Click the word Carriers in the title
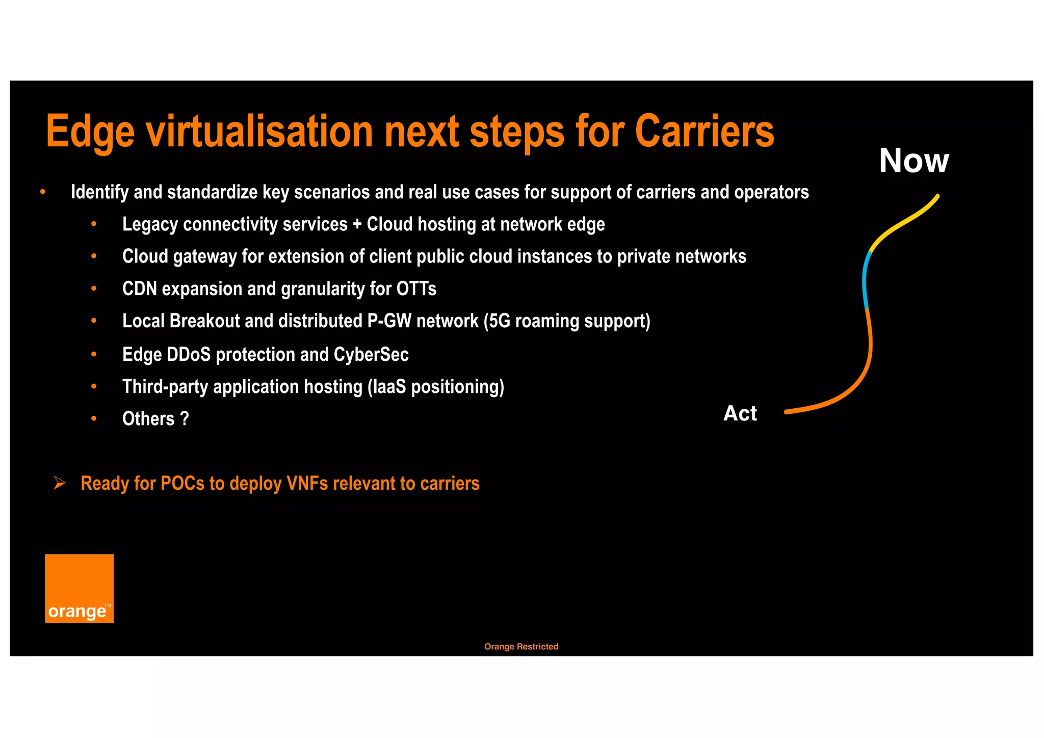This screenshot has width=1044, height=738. point(704,131)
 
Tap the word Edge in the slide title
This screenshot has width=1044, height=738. point(90,133)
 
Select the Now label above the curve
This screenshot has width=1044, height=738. point(913,161)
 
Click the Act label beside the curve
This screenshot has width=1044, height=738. point(740,413)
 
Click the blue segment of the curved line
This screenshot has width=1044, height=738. point(865,280)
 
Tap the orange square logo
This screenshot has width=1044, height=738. point(79,588)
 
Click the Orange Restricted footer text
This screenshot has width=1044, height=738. point(521,646)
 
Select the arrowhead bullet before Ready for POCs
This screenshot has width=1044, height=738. point(60,483)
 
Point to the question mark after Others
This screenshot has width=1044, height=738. point(185,419)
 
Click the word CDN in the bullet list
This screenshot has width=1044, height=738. point(139,289)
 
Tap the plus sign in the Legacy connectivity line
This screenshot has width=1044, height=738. point(357,224)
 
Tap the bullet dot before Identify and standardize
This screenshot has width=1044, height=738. point(43,192)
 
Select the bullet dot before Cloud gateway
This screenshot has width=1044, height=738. point(94,256)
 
